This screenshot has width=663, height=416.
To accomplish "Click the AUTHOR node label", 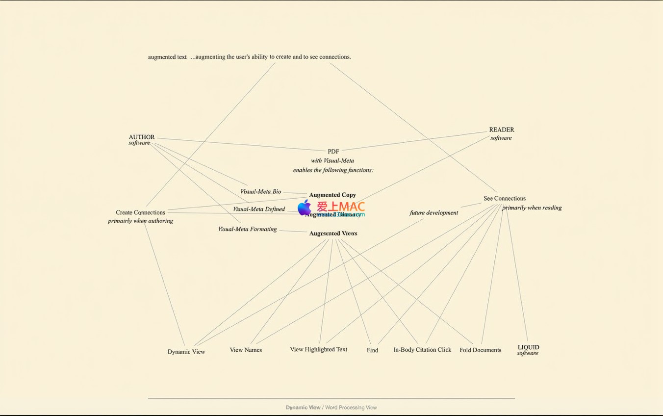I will (x=141, y=137).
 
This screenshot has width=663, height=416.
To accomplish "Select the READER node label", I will (x=501, y=130).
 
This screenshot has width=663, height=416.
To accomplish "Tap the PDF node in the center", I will (x=333, y=152).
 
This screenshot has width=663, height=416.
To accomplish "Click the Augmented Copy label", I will (x=332, y=195).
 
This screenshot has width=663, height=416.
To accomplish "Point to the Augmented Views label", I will (x=333, y=234).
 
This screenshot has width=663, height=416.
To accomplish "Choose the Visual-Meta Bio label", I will (x=260, y=192).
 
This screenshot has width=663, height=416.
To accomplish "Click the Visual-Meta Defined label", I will (x=258, y=209).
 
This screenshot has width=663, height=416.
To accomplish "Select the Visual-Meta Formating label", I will (x=247, y=229).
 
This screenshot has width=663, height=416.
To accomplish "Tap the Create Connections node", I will (x=140, y=212).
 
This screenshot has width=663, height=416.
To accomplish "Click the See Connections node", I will (x=504, y=199).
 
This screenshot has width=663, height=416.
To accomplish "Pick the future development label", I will (x=433, y=213).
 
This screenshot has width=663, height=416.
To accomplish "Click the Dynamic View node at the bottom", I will (x=186, y=352).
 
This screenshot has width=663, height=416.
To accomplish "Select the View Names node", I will (x=246, y=350).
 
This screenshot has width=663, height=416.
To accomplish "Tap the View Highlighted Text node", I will (x=318, y=349).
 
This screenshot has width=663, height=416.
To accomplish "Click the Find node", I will (x=372, y=350).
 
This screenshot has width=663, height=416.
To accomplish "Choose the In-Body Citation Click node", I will (x=422, y=350).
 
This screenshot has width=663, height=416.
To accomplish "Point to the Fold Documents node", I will (x=480, y=350).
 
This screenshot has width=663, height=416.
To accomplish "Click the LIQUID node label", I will (x=528, y=347).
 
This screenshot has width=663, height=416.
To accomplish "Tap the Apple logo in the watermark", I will (x=305, y=208).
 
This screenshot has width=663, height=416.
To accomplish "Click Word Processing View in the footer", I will (x=351, y=408).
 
